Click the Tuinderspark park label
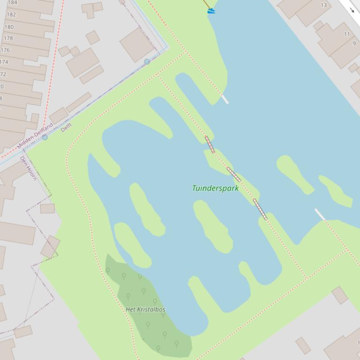[x=215, y=188]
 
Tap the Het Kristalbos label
[x=146, y=309]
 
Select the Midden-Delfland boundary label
[x=35, y=136]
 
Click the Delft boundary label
[x=66, y=127]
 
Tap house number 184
[x=13, y=2]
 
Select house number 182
[x=11, y=14]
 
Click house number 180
[x=9, y=27]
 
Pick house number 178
[x=8, y=38]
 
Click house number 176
[x=5, y=50]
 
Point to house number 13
[x=324, y=5]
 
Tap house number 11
[x=347, y=34]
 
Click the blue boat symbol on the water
[x=211, y=11]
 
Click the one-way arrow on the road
[x=353, y=10]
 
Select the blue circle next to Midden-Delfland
[x=45, y=137]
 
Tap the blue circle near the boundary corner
[x=147, y=62]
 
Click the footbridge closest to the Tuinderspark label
[x=234, y=174]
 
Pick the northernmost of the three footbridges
[x=210, y=144]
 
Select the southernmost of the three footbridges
[x=260, y=209]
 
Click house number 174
[x=4, y=62]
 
